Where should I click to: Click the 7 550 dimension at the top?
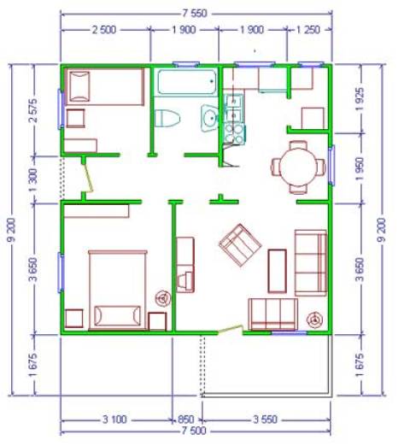pos(195,14)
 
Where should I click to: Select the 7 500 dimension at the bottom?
pos(194,431)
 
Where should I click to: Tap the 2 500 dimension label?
pos(104,30)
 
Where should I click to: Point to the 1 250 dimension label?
pos(308,30)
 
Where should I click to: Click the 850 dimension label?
pos(186,420)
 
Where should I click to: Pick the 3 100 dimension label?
pos(114,420)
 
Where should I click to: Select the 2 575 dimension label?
pos(33,110)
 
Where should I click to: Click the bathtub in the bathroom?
pos(187,82)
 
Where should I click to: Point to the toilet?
pos(167,118)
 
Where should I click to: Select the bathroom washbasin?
pos(209,118)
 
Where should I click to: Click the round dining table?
pos(298,167)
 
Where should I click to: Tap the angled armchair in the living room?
pos(240,245)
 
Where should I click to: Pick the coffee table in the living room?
pos(277,271)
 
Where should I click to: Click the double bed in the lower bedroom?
pos(118,290)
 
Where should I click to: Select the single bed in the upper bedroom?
pos(104,87)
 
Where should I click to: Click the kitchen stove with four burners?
pos(234,134)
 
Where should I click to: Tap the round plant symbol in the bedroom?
pos(163,298)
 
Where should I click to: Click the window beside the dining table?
pos(331,166)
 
